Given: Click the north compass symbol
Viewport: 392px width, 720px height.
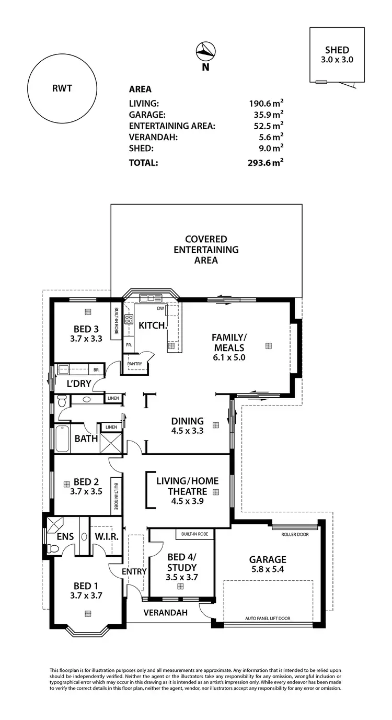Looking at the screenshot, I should pos(205,51).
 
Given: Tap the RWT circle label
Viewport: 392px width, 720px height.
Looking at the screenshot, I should pos(62,88).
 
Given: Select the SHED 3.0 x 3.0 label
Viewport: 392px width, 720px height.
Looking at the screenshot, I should pos(337,54).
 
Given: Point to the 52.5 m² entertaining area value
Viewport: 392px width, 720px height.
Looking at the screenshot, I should pos(266,126).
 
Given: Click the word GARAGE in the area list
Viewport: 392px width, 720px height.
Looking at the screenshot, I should pos(147,115).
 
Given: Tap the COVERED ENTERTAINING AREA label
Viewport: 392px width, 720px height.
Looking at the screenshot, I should pos(206,250).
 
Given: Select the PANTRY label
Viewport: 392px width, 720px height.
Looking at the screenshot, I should pos(135,364).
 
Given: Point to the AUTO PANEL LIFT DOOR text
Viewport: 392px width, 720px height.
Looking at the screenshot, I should pos(268,618).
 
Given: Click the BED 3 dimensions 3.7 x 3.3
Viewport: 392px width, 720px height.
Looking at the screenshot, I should pos(86,339).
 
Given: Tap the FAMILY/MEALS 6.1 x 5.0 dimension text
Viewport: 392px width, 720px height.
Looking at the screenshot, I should pos(229,358).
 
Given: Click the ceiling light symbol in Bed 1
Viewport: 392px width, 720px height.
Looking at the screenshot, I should pos(88,613).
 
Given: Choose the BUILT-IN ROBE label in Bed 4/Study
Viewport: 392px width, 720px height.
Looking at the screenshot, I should pos(195,534).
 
